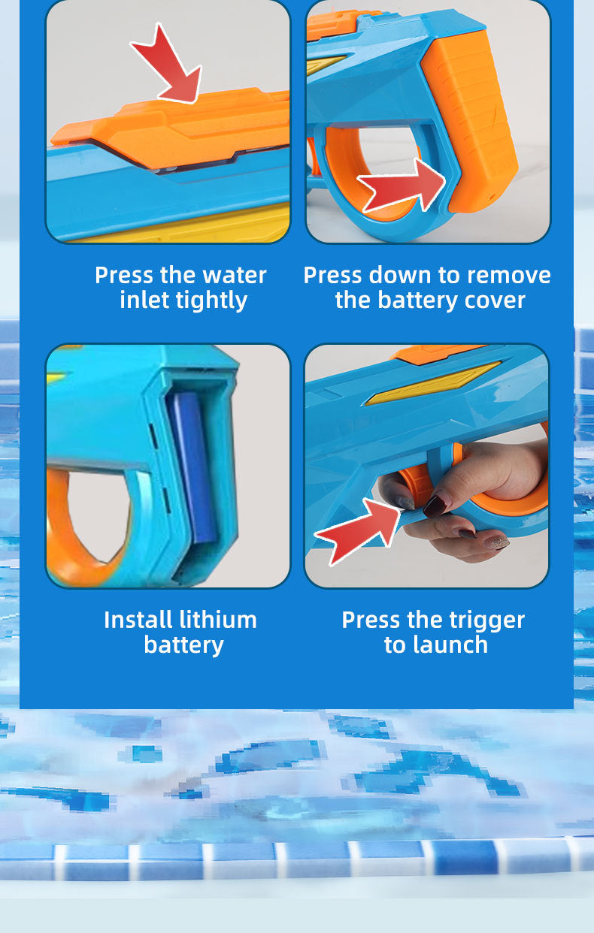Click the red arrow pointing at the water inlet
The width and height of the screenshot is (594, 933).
click(169, 64)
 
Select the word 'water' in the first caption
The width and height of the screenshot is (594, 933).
click(233, 275)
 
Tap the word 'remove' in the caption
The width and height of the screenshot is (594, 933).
click(510, 275)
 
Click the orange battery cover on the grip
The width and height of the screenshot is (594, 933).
click(474, 113)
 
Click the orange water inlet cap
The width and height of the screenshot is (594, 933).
click(188, 128)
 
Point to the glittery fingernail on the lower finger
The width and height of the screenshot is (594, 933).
click(497, 542)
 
